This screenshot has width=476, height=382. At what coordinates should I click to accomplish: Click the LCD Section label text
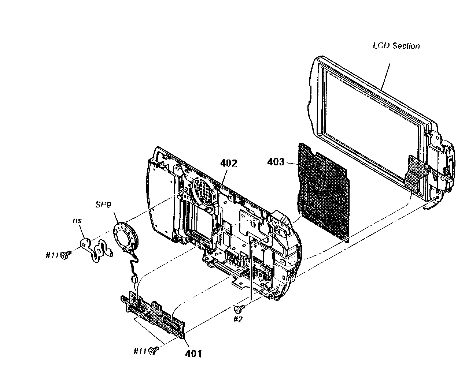(x=396, y=46)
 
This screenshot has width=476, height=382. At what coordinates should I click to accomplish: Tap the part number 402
(x=229, y=163)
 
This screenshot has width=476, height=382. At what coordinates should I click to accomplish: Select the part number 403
(x=276, y=162)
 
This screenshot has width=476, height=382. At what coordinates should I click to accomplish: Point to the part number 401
(x=193, y=353)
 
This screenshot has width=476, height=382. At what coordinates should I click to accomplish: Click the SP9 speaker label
(x=104, y=205)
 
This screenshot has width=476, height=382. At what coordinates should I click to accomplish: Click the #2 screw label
(x=238, y=319)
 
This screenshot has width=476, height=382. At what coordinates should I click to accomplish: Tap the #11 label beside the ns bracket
(x=52, y=255)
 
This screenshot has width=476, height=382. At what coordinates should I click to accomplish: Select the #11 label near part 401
(x=140, y=351)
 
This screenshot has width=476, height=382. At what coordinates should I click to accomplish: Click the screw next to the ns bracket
(x=66, y=255)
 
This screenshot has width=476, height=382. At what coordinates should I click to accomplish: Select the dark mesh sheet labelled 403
(x=322, y=190)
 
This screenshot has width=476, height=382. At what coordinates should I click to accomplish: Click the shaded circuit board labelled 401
(x=154, y=315)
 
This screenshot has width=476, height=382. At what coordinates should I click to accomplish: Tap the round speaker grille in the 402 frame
(x=203, y=191)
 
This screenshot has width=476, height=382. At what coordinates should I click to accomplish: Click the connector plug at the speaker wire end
(x=134, y=280)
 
